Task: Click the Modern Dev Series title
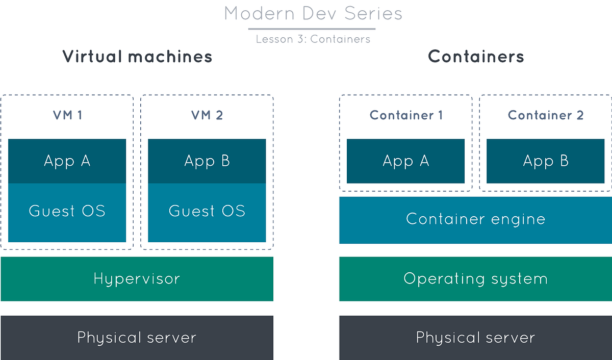click(x=313, y=14)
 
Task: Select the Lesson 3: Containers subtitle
click(x=313, y=39)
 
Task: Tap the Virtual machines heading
click(x=137, y=56)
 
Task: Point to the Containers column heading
click(x=476, y=56)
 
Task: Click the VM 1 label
click(x=67, y=115)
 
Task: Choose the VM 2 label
click(x=207, y=115)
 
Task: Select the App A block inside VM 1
click(x=67, y=161)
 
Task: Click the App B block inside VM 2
click(x=207, y=161)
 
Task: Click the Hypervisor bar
click(x=137, y=279)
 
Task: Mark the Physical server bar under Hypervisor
click(x=137, y=338)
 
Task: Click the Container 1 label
click(x=406, y=115)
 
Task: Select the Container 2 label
click(x=546, y=115)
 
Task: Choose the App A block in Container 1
click(x=406, y=161)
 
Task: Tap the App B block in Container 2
click(x=546, y=161)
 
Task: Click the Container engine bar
click(x=475, y=220)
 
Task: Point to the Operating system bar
click(x=475, y=279)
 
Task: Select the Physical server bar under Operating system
click(x=475, y=338)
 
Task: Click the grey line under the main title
click(x=313, y=29)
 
